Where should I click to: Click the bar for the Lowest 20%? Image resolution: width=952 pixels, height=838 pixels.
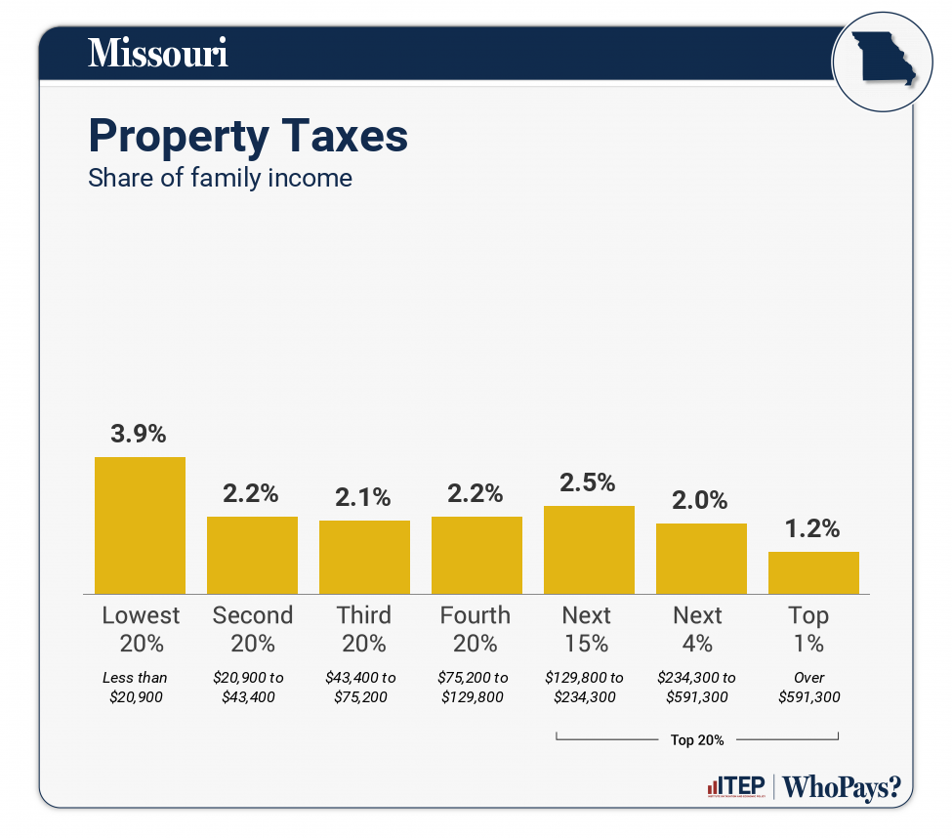[x=140, y=525]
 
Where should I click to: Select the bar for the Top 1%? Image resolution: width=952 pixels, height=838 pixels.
[x=813, y=572]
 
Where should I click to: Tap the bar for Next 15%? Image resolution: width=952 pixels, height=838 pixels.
[x=589, y=550]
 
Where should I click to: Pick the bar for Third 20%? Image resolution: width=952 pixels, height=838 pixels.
[x=364, y=557]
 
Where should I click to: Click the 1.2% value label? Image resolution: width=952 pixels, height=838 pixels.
[x=813, y=529]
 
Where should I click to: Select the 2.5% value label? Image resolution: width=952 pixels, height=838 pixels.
[x=589, y=482]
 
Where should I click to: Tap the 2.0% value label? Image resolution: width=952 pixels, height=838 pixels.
[x=701, y=500]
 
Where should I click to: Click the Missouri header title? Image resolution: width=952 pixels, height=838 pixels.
[x=158, y=54]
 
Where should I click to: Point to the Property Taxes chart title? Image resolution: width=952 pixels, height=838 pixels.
[x=248, y=136]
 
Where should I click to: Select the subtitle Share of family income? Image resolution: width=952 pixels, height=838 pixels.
[x=220, y=179]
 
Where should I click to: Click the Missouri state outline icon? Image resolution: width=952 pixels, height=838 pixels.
[x=881, y=61]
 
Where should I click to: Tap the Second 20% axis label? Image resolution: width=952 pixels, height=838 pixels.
[x=253, y=629]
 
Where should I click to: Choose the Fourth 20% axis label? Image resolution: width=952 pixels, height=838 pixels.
[x=476, y=629]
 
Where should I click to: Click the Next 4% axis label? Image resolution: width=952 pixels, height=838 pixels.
[x=698, y=629]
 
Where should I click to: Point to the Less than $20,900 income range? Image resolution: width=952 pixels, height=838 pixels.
[x=135, y=688]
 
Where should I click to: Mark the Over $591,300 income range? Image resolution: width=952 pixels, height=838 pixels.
[x=809, y=688]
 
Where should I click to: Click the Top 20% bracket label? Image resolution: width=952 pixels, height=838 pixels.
[x=697, y=739]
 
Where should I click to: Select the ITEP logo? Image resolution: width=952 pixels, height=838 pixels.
[x=736, y=786]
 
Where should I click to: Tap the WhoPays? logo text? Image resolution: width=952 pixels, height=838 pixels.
[x=842, y=786]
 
